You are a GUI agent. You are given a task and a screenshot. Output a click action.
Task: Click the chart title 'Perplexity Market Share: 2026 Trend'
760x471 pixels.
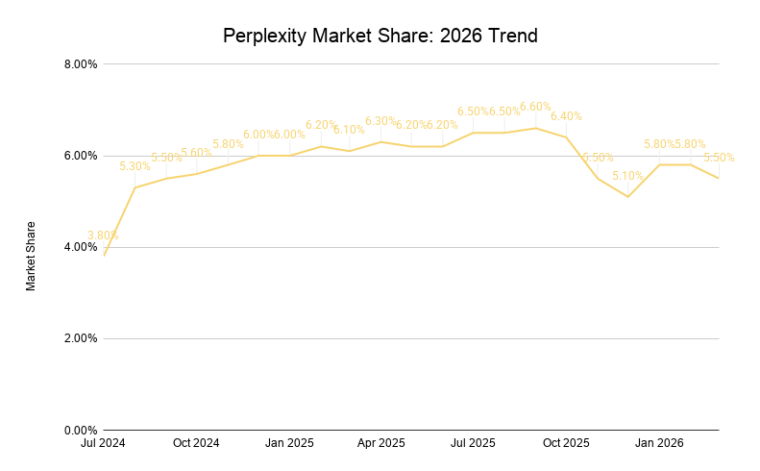[380, 36]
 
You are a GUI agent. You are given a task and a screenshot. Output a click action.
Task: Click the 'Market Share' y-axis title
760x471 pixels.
[31, 256]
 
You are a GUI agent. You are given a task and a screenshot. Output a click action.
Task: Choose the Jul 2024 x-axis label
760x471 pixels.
[104, 443]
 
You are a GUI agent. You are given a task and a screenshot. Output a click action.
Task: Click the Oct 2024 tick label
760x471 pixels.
[196, 443]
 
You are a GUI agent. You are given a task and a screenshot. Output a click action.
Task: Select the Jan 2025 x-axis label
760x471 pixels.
[289, 443]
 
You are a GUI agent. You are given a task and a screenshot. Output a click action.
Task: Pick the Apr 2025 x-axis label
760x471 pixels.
[381, 443]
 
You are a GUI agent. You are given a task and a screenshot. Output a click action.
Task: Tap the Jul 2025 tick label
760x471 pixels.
[474, 443]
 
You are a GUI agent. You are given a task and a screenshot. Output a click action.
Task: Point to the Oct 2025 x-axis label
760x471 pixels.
[566, 443]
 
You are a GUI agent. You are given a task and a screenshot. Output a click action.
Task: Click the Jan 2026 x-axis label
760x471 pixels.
[659, 443]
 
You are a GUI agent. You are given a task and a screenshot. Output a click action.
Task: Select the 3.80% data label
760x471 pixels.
[103, 235]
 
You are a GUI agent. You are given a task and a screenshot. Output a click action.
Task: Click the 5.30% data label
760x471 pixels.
[135, 166]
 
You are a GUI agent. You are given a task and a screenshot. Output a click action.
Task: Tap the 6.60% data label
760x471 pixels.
[535, 107]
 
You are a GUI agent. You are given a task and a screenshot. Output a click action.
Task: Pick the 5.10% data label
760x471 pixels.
[627, 176]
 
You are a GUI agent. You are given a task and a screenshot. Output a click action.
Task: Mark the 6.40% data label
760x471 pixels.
[566, 116]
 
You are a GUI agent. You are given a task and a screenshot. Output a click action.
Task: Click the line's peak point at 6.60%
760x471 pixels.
[535, 128]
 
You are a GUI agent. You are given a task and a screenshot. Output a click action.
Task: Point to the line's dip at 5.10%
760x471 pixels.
[627, 197]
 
